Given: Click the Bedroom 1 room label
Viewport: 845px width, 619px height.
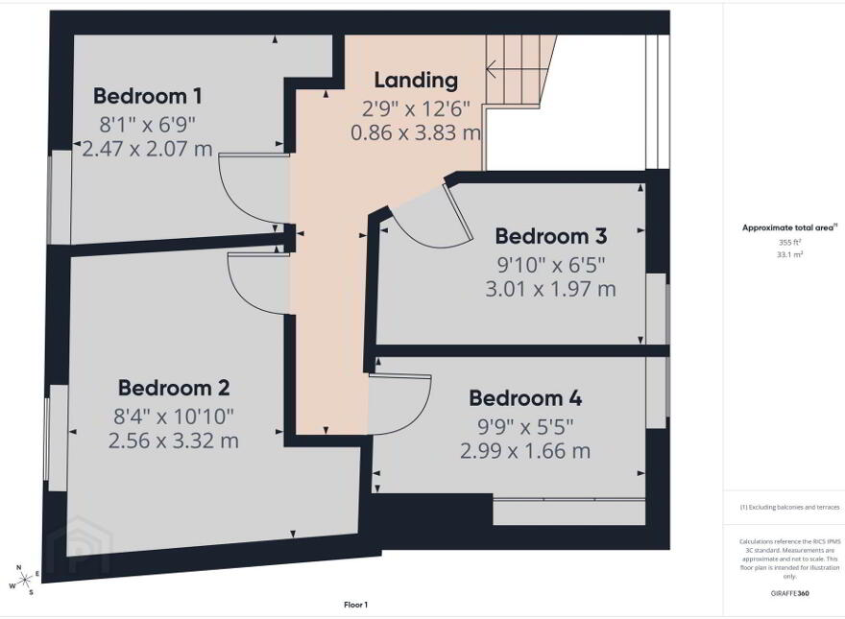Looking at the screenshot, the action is point(148,96).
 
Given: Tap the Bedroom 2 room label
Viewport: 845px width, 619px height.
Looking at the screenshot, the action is point(174,388).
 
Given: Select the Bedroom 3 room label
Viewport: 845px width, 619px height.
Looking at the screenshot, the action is point(551,236).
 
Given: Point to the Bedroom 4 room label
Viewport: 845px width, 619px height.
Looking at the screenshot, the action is point(525,398).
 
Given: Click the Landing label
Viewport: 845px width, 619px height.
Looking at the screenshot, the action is point(416,81).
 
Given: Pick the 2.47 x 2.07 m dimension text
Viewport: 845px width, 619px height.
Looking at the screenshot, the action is point(147,149).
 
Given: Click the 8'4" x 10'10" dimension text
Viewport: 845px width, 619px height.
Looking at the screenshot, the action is point(174,416).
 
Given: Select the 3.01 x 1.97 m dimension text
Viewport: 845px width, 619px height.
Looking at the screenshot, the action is point(551,289).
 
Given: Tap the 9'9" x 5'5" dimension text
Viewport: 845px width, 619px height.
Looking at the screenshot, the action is point(525,427).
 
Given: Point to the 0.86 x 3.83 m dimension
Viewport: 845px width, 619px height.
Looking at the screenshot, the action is point(416,132).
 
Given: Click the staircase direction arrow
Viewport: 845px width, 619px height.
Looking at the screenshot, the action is point(512,69).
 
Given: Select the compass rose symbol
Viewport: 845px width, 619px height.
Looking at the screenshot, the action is point(23,580).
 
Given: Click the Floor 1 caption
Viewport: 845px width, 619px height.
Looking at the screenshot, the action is point(355,605).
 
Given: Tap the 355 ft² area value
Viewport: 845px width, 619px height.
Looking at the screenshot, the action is point(790,243).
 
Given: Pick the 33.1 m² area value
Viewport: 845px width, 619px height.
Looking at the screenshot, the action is point(790,255).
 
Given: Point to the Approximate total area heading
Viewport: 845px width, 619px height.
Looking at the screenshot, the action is point(790,227).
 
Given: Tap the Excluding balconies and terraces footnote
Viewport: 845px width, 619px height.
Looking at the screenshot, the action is point(789,507).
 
